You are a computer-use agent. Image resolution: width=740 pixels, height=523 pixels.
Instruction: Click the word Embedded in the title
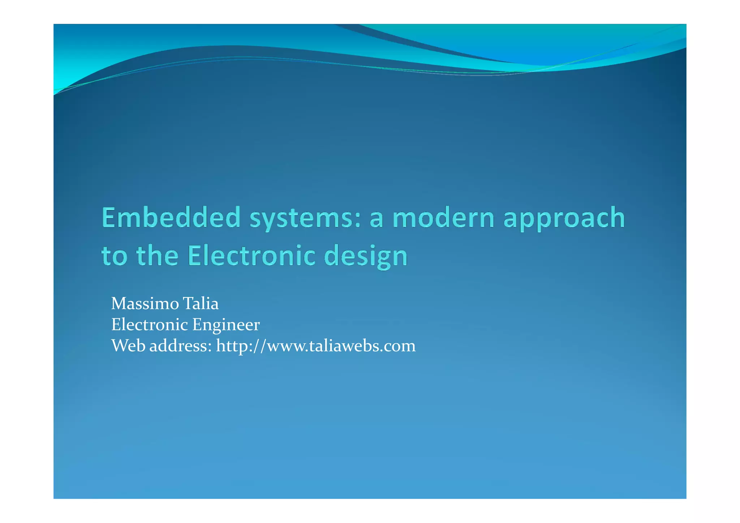(171, 218)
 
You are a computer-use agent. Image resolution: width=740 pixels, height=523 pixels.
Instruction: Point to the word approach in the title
(564, 219)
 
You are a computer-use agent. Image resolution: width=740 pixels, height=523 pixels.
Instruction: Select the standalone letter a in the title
(376, 219)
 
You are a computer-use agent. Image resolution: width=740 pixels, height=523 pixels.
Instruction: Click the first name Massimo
(145, 304)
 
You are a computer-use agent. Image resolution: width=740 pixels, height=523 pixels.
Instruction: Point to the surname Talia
(201, 304)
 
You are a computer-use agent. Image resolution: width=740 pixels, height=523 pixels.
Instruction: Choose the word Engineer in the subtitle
(226, 325)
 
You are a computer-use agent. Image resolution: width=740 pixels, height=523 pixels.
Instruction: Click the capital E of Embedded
(109, 218)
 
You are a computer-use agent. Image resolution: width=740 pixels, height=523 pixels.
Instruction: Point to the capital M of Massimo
(119, 304)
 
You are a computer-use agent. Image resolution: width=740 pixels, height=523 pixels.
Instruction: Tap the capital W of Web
(120, 346)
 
